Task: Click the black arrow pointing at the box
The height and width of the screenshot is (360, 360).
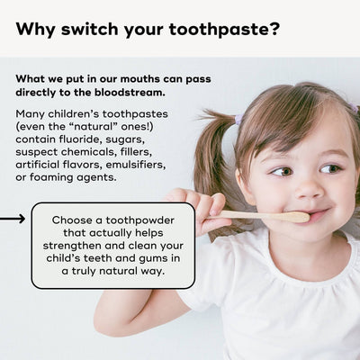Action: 13,219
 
